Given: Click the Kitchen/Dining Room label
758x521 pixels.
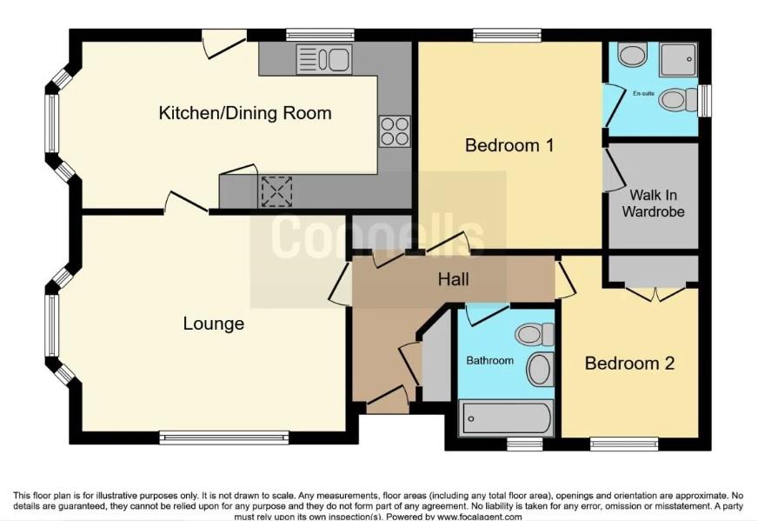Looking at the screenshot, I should [244, 114].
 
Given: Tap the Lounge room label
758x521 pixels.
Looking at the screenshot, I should [213, 324].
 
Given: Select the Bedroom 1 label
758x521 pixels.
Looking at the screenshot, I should [509, 145].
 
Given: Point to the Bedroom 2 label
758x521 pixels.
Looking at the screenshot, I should [629, 364].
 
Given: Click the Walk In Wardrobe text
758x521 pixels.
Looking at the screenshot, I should [657, 204].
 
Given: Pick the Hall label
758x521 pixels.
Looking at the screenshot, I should [453, 279].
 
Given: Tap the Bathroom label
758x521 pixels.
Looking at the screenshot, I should [490, 360].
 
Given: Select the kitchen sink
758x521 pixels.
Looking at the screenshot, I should [322, 59].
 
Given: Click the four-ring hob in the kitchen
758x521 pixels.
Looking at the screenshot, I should [394, 131].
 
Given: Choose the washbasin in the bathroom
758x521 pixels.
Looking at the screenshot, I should [541, 370].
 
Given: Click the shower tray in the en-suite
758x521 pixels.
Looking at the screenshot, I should [677, 59].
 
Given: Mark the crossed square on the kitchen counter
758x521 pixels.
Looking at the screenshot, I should [277, 190].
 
